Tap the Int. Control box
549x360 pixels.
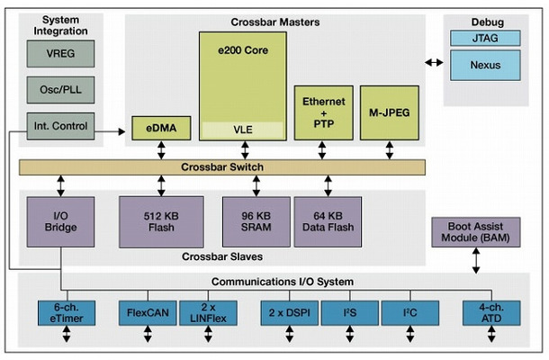click(x=59, y=127)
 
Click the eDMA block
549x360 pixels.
click(x=160, y=129)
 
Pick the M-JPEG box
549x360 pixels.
click(x=390, y=112)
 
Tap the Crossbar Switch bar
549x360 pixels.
click(x=223, y=167)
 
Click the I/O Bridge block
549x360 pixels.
click(x=61, y=221)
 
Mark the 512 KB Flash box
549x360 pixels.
click(x=161, y=221)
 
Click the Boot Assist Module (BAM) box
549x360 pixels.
click(x=476, y=233)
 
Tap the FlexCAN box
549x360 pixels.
click(x=145, y=314)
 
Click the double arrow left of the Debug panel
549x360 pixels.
click(x=434, y=63)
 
